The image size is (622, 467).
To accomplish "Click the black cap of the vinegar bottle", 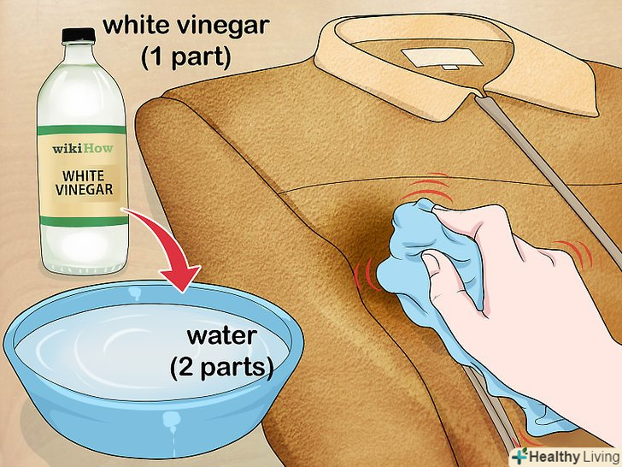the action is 79,35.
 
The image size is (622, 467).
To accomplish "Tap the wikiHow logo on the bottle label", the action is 83,149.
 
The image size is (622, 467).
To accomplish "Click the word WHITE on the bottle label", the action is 84,175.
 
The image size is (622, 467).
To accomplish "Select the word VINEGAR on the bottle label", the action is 84,189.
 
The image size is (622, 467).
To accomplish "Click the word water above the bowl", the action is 222,336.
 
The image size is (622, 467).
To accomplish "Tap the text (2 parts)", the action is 222,368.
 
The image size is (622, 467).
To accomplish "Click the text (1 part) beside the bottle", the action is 185,58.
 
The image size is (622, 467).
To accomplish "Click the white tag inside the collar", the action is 442,58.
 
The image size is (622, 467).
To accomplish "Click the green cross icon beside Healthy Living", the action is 519,455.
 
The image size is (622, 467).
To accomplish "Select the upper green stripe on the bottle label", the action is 82,130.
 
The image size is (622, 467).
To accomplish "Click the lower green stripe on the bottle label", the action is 84,221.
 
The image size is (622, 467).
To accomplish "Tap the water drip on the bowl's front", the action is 172,423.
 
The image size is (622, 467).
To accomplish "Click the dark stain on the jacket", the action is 357,230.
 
